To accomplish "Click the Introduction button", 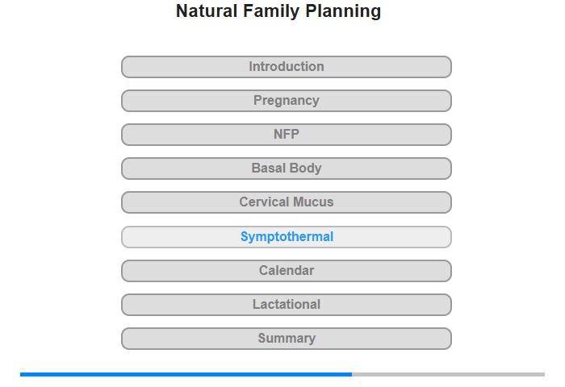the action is [287, 67].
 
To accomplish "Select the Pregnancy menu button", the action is [287, 101].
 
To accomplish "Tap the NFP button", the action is [287, 135].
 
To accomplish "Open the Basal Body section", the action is [287, 169].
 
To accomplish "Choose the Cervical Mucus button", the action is [287, 202].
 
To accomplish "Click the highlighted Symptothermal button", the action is [287, 237].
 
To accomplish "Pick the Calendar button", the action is [287, 271].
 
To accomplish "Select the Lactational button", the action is [287, 305].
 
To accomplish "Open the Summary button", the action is [287, 339].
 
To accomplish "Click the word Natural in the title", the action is [207, 10].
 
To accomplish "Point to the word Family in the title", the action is [271, 11].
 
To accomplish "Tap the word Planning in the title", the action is [343, 11].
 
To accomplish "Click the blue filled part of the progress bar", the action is [186, 374].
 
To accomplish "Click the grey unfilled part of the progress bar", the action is [448, 374].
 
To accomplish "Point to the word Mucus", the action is [312, 202].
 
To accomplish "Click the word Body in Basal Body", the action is [306, 169].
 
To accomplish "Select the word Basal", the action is [269, 169].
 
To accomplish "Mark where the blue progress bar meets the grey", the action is [352, 374].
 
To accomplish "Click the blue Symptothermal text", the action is [287, 237].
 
